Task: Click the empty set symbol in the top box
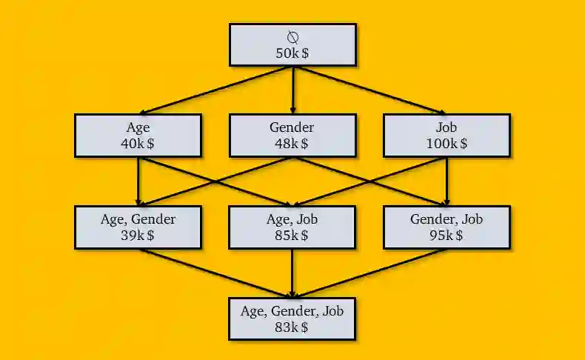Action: coord(292,37)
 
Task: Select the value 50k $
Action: coord(292,53)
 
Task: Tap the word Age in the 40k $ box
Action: coord(138,127)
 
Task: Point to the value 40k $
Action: coord(138,144)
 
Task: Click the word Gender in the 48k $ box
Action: coord(292,127)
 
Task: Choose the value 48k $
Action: coord(292,144)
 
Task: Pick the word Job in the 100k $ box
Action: coord(447,127)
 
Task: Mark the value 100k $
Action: coord(447,144)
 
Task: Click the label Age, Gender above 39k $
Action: coord(138,219)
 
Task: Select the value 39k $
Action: coord(138,236)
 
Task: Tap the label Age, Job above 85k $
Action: coord(292,219)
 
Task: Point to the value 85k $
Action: coord(292,236)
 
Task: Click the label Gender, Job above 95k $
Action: coord(447,219)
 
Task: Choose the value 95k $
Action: coord(447,236)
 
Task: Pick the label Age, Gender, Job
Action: coord(292,311)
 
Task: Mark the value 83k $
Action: coord(292,327)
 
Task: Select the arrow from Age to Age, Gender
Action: coord(138,181)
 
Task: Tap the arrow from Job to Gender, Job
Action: coord(447,181)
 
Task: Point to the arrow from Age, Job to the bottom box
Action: coord(292,273)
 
